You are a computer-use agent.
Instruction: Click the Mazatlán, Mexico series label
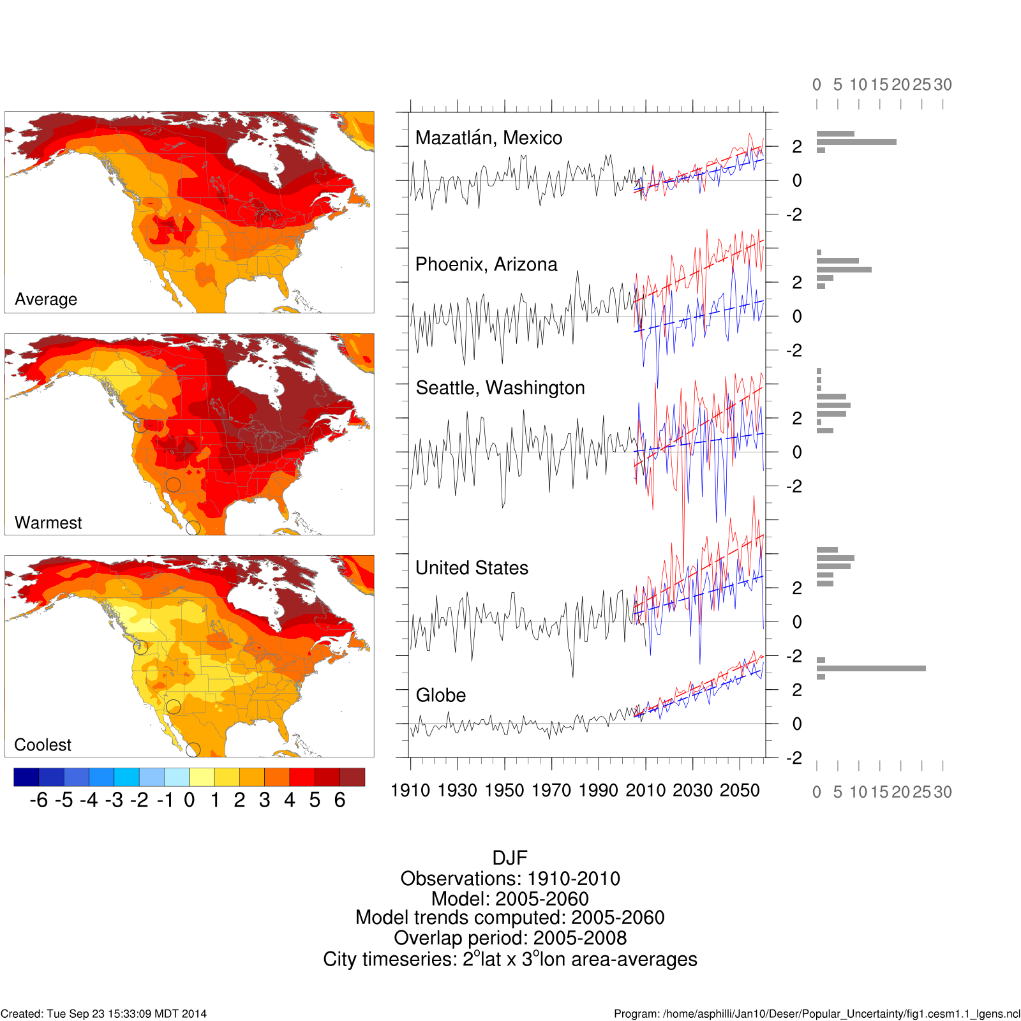coord(489,138)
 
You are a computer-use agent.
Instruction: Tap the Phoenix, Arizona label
coord(486,264)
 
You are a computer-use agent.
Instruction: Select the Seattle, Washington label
coord(500,388)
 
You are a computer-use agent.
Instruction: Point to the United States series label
coord(472,568)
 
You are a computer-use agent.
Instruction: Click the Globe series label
coord(441,695)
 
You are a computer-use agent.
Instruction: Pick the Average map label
coord(46,299)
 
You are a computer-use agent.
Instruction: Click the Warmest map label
coord(48,523)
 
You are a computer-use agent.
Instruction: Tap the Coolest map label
coord(43,745)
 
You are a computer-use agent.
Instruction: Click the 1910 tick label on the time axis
coord(410,791)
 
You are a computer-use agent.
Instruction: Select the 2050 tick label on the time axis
coord(740,791)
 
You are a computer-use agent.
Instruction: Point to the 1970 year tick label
coord(551,791)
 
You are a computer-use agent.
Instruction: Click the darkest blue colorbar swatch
coord(26,777)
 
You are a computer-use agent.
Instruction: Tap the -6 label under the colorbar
coord(39,800)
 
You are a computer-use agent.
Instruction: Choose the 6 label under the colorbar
coord(339,800)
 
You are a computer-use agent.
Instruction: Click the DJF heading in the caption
coord(510,858)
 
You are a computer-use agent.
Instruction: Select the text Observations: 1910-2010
coord(510,879)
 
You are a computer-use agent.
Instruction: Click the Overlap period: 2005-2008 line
coord(510,938)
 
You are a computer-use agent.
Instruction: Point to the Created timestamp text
coord(103,1014)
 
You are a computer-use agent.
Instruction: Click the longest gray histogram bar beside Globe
coord(871,669)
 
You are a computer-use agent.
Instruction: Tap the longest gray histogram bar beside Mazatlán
coord(856,142)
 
